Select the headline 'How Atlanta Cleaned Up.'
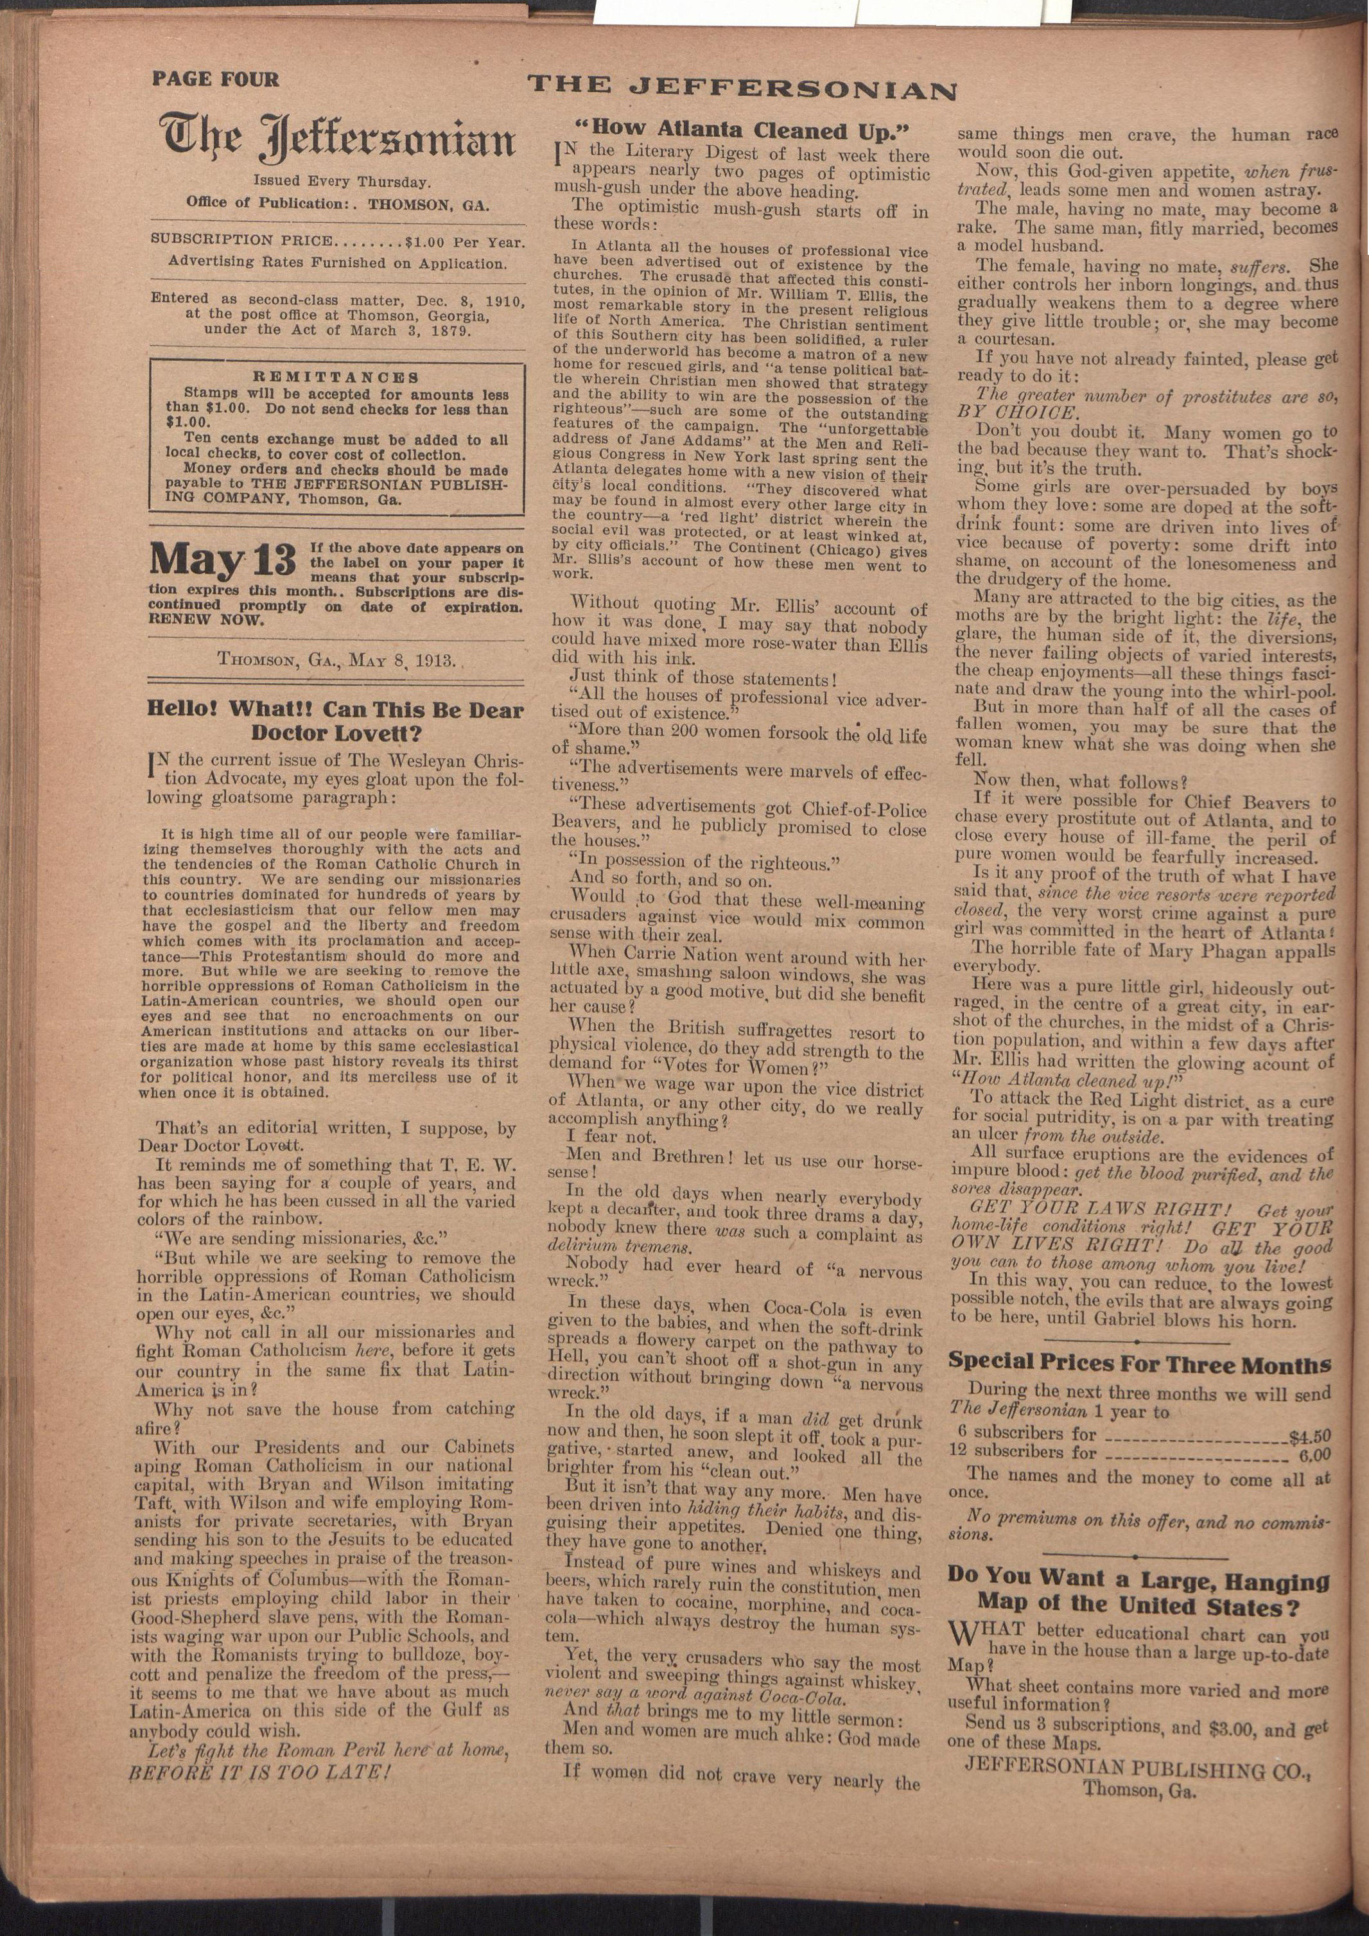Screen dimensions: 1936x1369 (x=742, y=131)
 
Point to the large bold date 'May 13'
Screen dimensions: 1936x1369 (x=223, y=559)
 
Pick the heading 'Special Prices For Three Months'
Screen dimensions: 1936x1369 (x=1140, y=1363)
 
